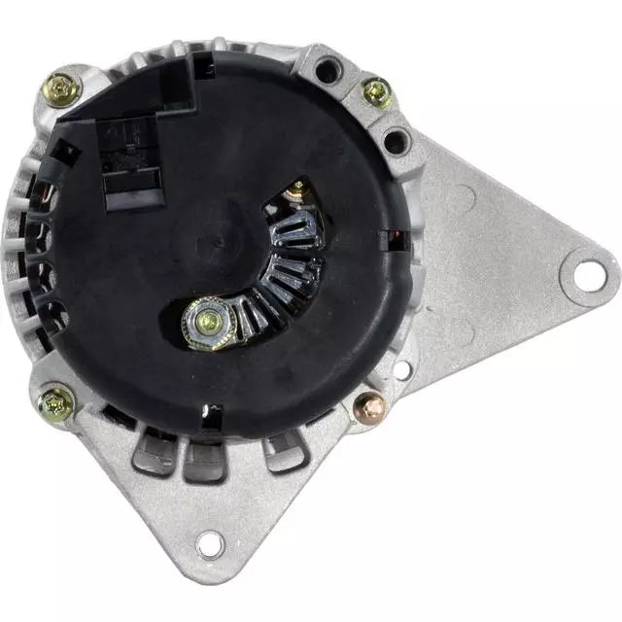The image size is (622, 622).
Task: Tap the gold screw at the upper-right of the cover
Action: [x=376, y=92]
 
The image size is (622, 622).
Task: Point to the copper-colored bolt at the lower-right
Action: [x=370, y=405]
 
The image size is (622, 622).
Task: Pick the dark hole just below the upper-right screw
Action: [x=396, y=142]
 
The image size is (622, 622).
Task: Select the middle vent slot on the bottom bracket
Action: [x=205, y=457]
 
